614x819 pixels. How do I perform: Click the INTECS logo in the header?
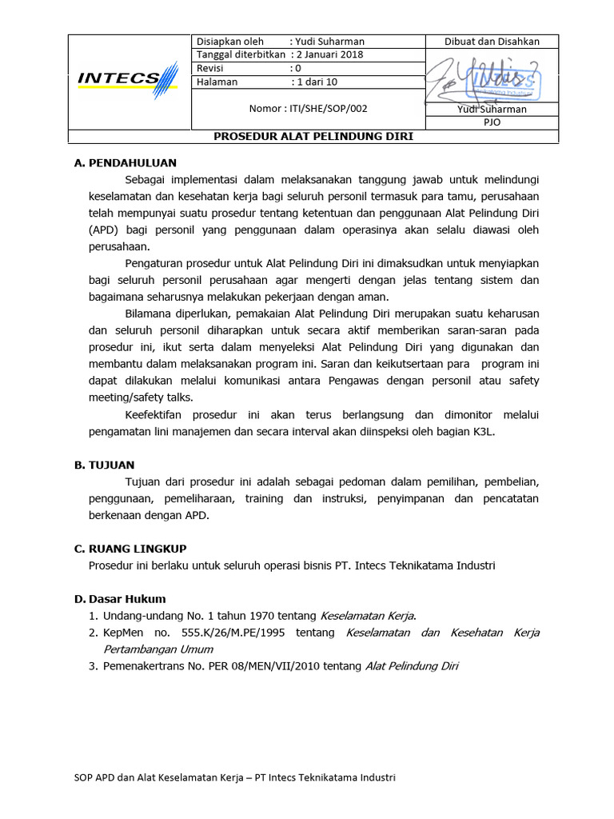(x=128, y=79)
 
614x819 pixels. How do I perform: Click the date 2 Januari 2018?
(x=329, y=54)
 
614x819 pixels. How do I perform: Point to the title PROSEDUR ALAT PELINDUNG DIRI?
(x=313, y=136)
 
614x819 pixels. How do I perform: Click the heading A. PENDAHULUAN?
(x=125, y=162)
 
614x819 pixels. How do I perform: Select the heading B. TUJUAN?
(x=105, y=464)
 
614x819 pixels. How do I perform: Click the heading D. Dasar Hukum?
(x=120, y=598)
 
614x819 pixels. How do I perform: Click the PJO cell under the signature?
(x=492, y=122)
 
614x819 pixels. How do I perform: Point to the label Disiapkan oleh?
(x=230, y=42)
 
